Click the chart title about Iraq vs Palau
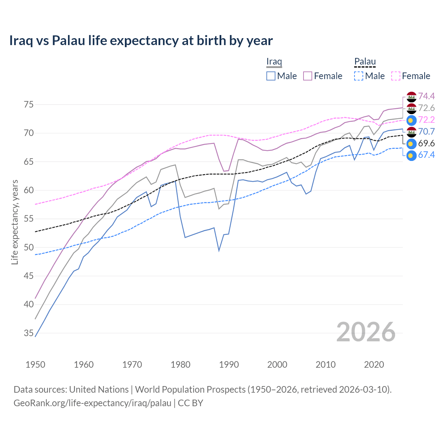(141, 41)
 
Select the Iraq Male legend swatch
(271, 76)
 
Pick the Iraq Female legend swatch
(308, 76)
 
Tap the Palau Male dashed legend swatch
(359, 76)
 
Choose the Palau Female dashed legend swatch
(396, 76)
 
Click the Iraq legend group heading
(274, 61)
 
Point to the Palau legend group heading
(365, 61)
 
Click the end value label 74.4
(426, 96)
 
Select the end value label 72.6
(426, 108)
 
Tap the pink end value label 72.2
(426, 120)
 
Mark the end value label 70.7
(426, 132)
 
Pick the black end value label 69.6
(426, 144)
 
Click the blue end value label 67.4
(426, 155)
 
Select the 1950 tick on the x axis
(35, 365)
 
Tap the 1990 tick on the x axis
(229, 365)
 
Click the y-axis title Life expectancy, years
(15, 222)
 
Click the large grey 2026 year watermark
(366, 332)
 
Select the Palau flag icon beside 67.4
(411, 155)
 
